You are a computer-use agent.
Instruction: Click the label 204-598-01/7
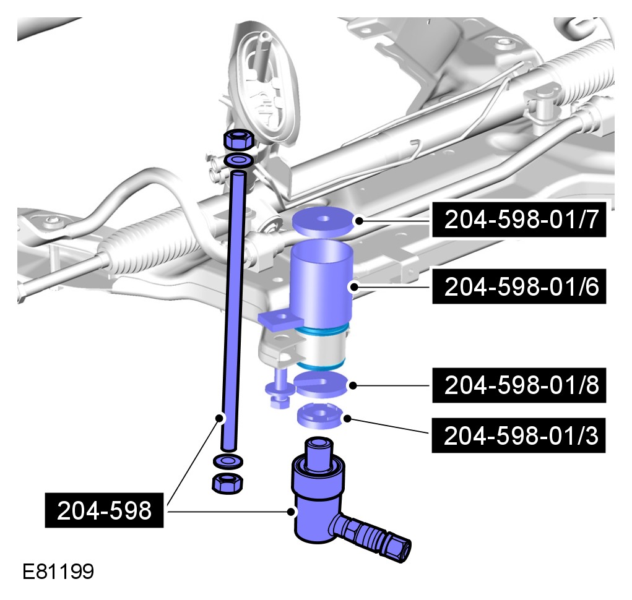click(x=519, y=220)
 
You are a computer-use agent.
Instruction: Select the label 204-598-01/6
click(x=519, y=286)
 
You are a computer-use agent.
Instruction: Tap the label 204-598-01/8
click(x=519, y=385)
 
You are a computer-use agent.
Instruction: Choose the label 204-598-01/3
click(x=519, y=435)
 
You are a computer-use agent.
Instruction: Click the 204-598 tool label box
click(x=104, y=510)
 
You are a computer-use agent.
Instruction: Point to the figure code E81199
click(x=58, y=571)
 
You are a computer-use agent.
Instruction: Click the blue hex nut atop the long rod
click(x=238, y=139)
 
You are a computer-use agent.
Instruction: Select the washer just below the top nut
click(x=239, y=160)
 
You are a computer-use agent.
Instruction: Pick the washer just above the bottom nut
click(x=227, y=461)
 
